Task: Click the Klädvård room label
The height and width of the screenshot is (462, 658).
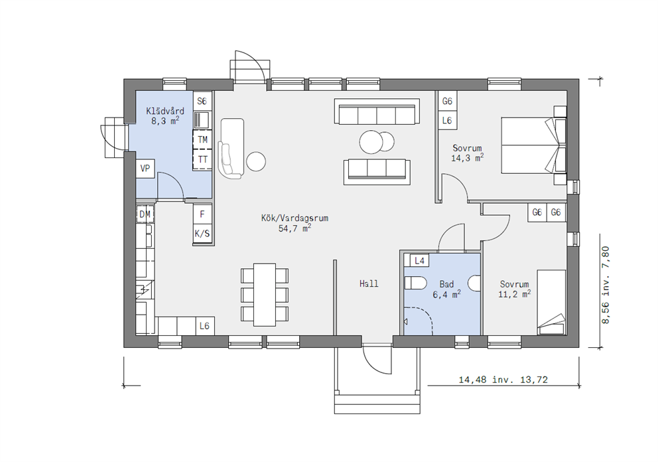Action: point(165,112)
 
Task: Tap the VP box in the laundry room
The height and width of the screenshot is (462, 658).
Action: point(145,169)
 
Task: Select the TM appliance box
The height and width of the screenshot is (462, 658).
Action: point(202,139)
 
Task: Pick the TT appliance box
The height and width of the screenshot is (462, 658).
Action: point(202,159)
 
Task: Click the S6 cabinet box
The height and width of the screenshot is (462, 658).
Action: point(202,101)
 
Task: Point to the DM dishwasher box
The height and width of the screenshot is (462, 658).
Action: point(145,214)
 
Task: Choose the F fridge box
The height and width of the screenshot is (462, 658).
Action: point(202,214)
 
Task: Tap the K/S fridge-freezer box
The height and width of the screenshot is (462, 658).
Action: point(202,234)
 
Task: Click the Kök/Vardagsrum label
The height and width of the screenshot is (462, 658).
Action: point(295,218)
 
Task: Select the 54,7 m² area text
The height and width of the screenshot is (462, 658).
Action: point(295,228)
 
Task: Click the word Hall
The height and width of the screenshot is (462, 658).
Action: point(369,284)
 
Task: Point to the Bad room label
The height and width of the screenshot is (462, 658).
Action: point(446,284)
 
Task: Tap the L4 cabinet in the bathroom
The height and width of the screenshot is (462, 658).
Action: point(419,261)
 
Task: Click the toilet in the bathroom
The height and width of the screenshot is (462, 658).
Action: point(415,283)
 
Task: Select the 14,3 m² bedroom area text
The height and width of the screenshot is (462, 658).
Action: point(467,159)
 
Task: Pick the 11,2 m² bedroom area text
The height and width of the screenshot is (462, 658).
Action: point(514,295)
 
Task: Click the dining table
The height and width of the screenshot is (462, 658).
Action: point(265,295)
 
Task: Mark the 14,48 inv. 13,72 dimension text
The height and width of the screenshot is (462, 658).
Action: point(503,380)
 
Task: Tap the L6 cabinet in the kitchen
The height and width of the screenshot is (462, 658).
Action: point(205,326)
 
